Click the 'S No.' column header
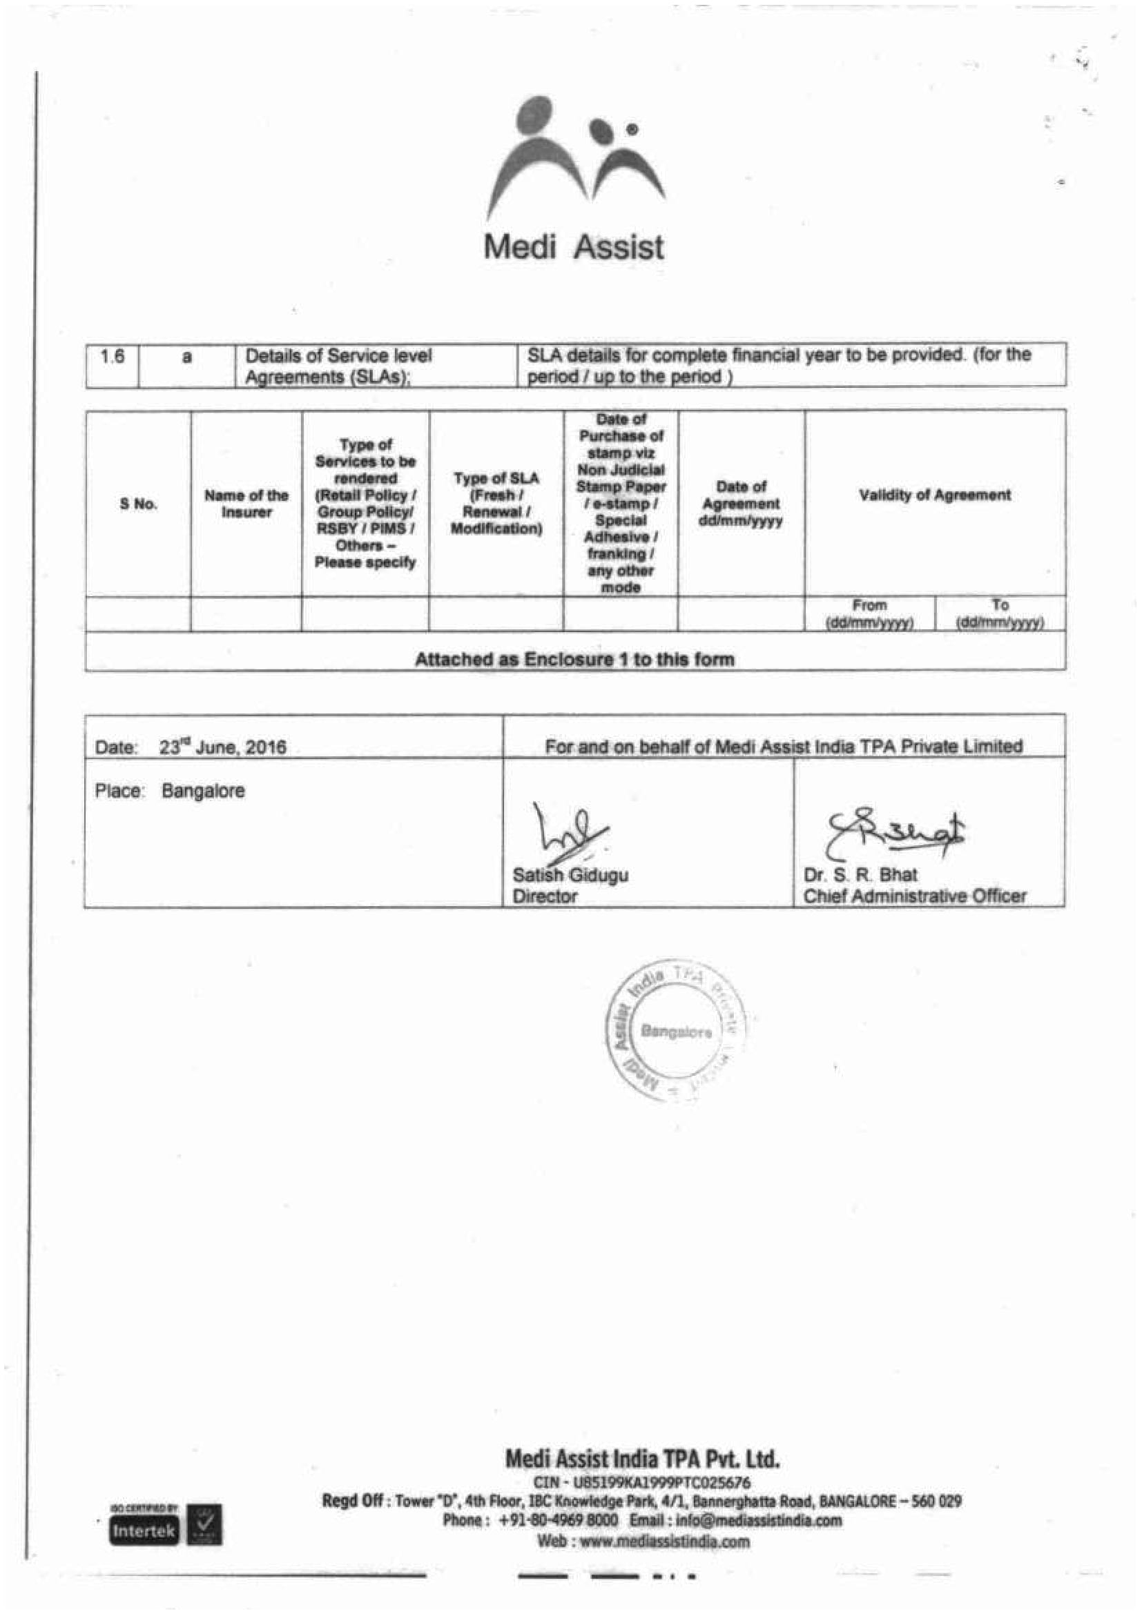click(138, 504)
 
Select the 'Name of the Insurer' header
click(246, 504)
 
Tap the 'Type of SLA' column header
click(496, 503)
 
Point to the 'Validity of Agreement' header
click(935, 495)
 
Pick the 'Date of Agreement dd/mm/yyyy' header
click(740, 503)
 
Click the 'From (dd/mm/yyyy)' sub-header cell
click(870, 613)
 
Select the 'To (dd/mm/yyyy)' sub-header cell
click(1000, 613)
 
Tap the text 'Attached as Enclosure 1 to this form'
click(574, 660)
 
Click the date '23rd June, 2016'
click(222, 747)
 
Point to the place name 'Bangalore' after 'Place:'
click(203, 791)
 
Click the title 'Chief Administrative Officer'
click(914, 896)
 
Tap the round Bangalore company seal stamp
click(675, 1031)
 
